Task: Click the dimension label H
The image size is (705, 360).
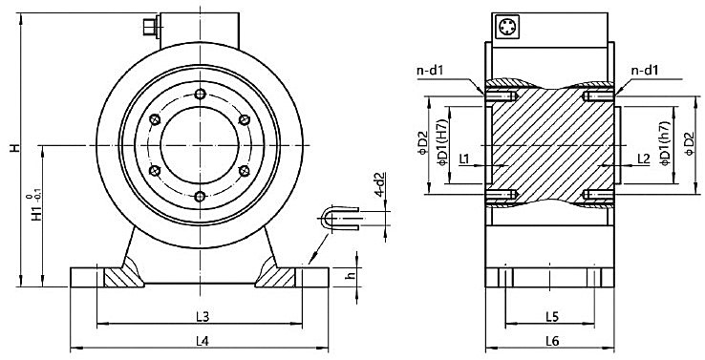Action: click(12, 150)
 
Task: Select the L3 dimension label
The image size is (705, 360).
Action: click(202, 315)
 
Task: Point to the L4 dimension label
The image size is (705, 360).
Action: click(202, 340)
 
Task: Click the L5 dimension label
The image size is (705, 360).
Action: click(551, 315)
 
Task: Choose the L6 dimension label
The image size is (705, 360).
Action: click(551, 340)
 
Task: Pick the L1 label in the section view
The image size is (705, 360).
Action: click(465, 158)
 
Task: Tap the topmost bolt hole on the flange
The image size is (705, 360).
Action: click(200, 94)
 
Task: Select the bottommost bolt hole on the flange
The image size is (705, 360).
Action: click(200, 196)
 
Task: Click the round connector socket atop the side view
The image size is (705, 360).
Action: click(506, 28)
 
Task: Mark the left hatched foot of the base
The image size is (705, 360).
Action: click(121, 278)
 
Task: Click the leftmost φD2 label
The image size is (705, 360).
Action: click(423, 143)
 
